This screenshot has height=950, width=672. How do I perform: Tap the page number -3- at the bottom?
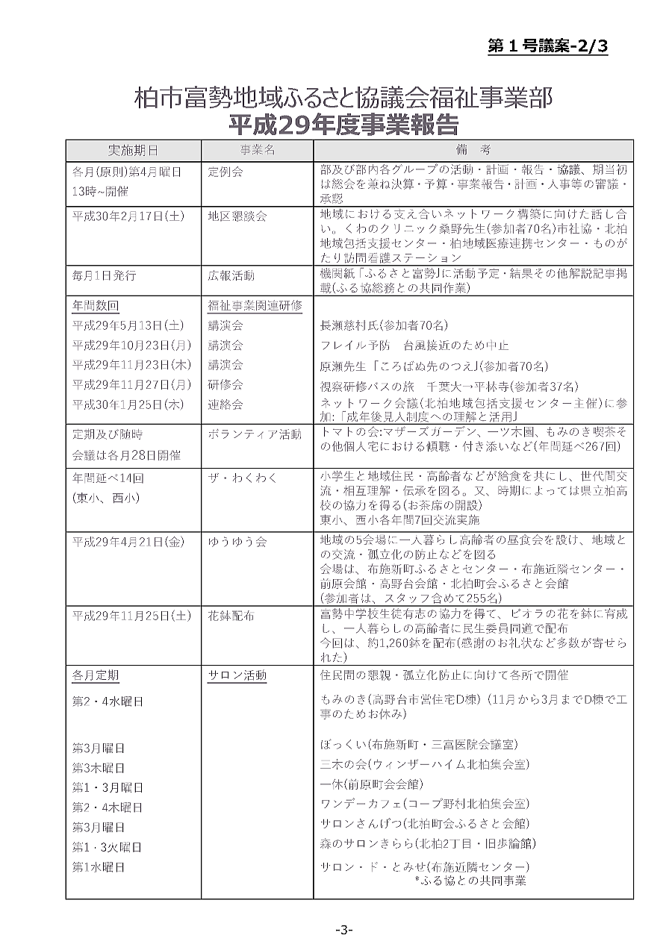coord(343,929)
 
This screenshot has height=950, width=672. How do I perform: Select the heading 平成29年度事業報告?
coord(343,122)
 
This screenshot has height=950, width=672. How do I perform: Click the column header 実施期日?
coord(133,150)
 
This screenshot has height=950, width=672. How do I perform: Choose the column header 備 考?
coord(470,150)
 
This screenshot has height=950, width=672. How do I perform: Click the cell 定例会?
coord(225,172)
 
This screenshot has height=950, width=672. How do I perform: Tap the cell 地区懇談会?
coord(237,216)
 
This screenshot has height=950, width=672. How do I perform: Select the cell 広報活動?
coord(231,275)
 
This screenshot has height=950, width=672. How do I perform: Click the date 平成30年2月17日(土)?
coord(128,216)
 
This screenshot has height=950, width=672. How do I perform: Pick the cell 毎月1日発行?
coord(104,275)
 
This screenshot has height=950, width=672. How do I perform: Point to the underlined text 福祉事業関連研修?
coord(255,306)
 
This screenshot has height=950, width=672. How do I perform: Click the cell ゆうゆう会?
coord(237,542)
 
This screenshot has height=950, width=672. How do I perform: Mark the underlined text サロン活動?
coord(237,676)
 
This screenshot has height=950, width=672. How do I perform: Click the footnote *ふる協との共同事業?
coord(470,881)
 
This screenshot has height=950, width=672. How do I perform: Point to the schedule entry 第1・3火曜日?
coord(107,847)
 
